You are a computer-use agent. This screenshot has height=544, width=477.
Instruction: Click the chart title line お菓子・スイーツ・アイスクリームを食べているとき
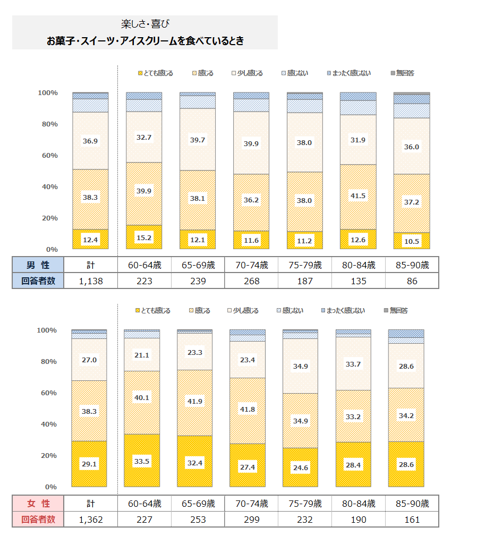(x=145, y=40)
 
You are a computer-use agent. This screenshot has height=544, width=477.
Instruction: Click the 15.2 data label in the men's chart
(x=144, y=237)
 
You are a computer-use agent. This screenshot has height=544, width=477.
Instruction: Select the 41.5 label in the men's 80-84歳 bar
(x=358, y=195)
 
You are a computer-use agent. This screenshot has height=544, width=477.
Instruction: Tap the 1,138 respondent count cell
(x=90, y=280)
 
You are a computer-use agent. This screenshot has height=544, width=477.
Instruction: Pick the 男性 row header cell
(x=38, y=265)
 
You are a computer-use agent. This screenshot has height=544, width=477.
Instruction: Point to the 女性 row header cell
(x=38, y=503)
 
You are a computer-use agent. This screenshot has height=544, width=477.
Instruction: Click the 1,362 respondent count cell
(x=90, y=519)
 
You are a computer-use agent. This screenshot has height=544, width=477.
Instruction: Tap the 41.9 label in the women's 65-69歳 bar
(x=194, y=401)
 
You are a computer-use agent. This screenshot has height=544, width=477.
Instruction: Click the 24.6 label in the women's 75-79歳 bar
(x=301, y=468)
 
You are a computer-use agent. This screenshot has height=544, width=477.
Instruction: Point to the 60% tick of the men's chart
(x=48, y=156)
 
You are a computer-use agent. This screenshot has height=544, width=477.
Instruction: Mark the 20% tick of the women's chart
(x=47, y=456)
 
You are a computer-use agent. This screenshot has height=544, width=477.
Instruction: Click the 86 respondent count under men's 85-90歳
(x=412, y=280)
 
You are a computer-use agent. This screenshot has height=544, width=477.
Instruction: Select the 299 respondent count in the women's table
(x=251, y=519)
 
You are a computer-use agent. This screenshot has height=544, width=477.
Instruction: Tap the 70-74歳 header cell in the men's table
(x=251, y=265)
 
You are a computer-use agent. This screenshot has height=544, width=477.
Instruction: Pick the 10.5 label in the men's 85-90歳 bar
(x=412, y=241)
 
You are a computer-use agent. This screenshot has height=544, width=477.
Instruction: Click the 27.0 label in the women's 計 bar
(x=89, y=360)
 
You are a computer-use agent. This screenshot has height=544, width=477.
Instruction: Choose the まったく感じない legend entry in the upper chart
(x=348, y=73)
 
